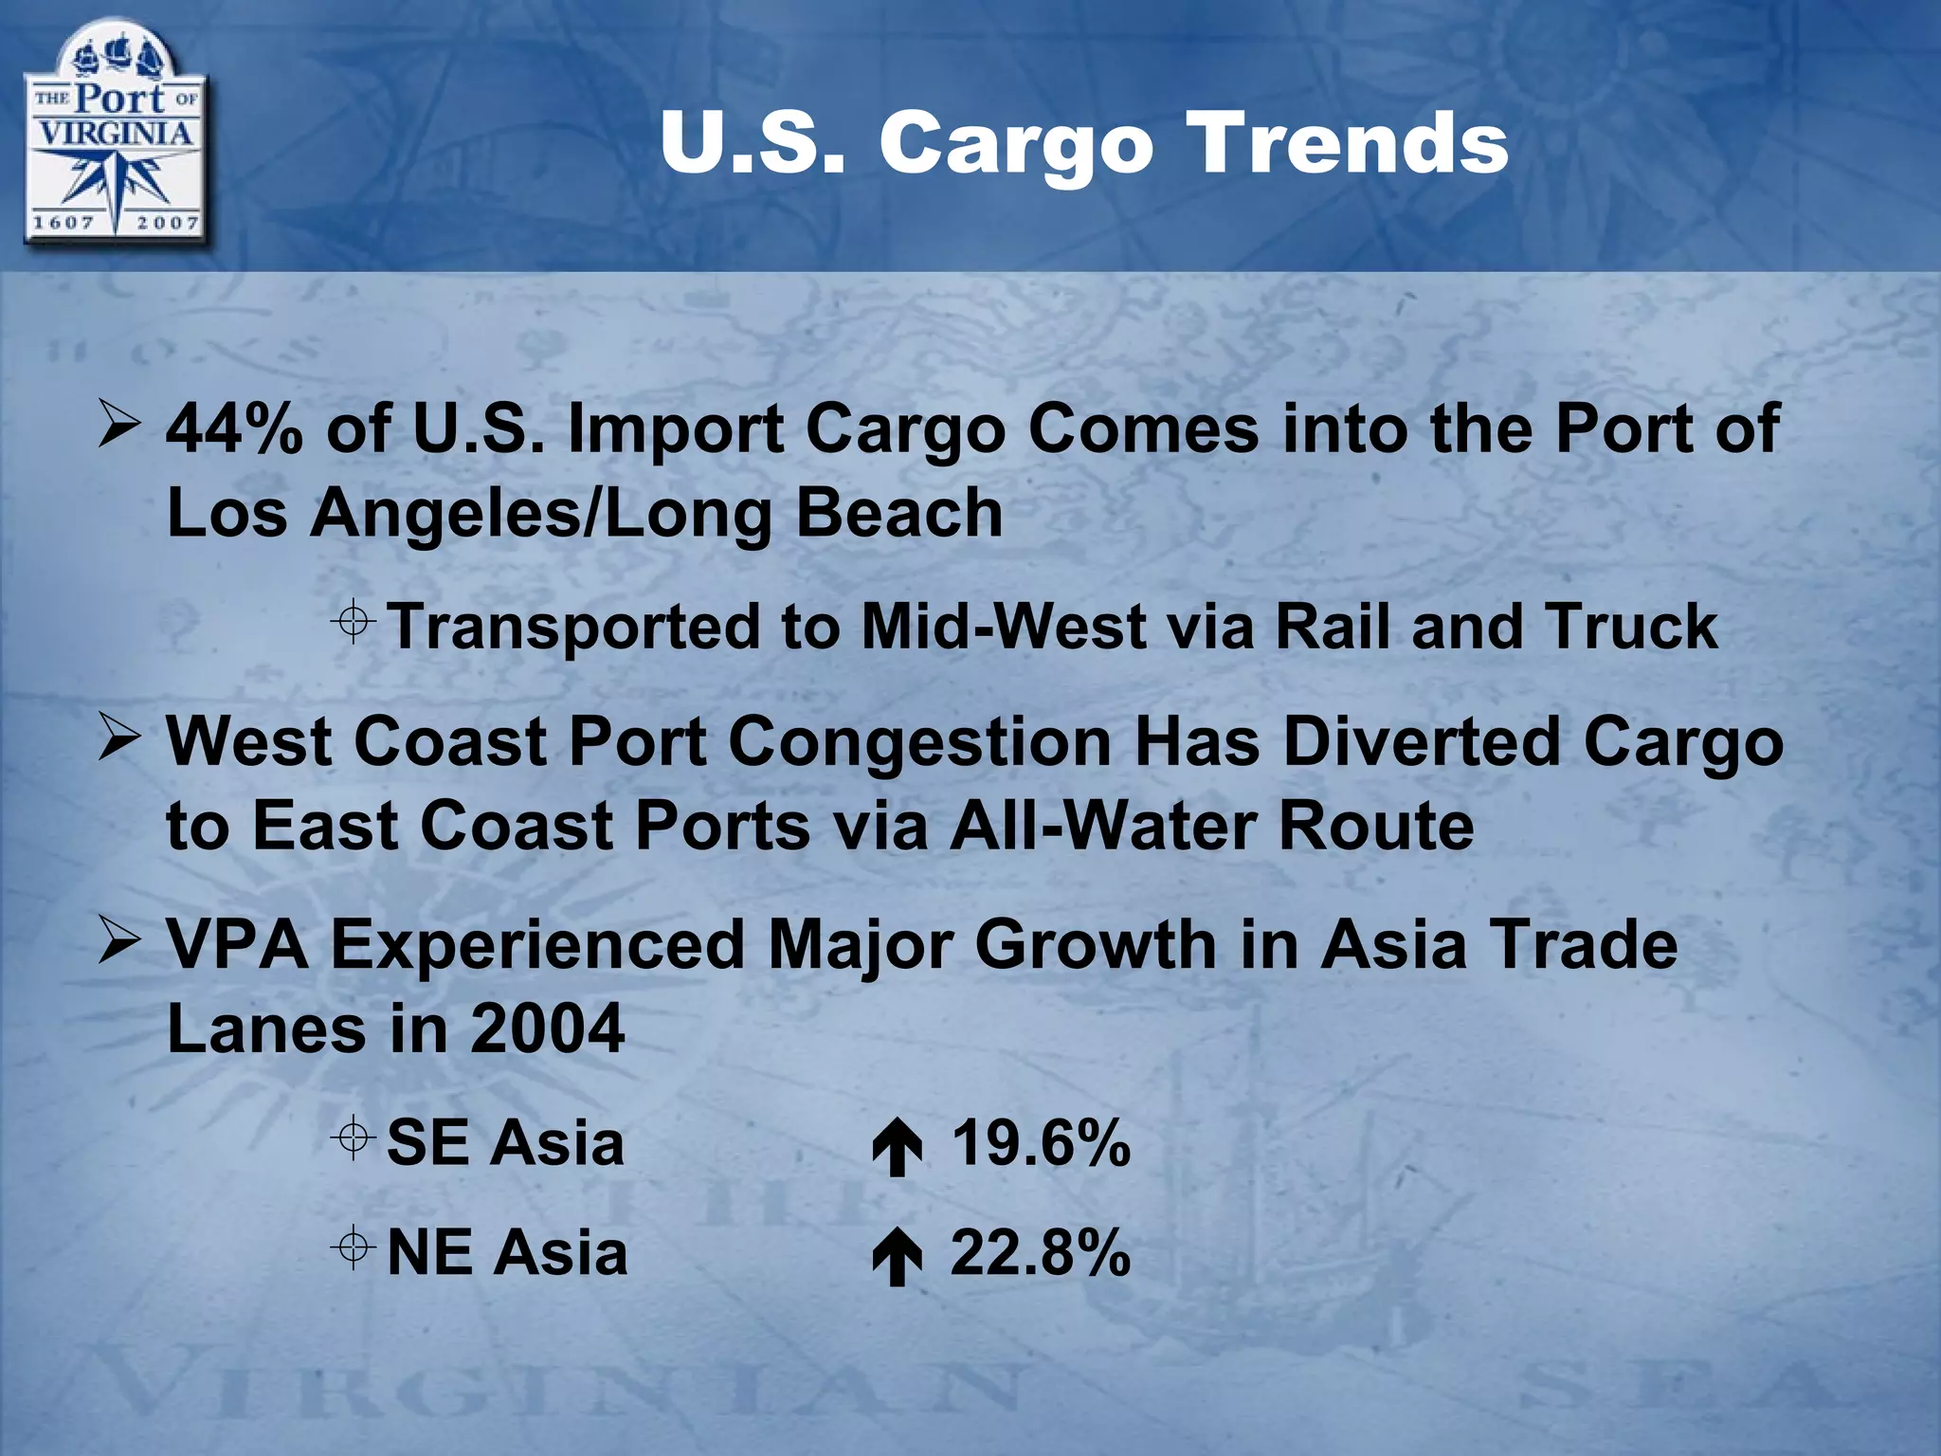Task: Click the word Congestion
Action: [919, 742]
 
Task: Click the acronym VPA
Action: [238, 945]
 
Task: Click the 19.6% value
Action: [1041, 1143]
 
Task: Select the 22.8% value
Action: [1041, 1253]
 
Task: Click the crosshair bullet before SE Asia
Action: [353, 1137]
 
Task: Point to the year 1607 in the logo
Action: [63, 223]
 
